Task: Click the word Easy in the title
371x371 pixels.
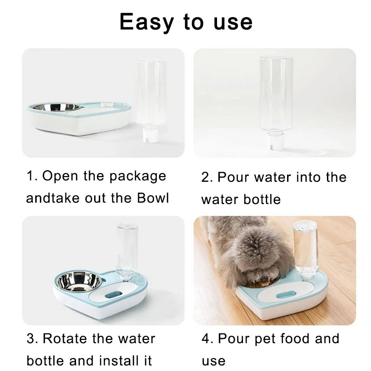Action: click(x=147, y=22)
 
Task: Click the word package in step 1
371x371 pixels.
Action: click(x=138, y=177)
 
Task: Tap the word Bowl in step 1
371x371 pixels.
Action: click(x=153, y=198)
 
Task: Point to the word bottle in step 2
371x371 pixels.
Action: click(x=262, y=199)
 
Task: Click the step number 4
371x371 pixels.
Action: click(x=206, y=339)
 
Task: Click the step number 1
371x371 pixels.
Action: click(x=30, y=176)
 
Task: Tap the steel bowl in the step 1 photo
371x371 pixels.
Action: click(x=57, y=107)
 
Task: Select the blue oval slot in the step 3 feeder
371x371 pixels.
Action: click(x=114, y=295)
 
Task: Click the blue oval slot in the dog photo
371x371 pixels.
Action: click(x=286, y=295)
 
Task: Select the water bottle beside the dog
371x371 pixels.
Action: click(x=305, y=249)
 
